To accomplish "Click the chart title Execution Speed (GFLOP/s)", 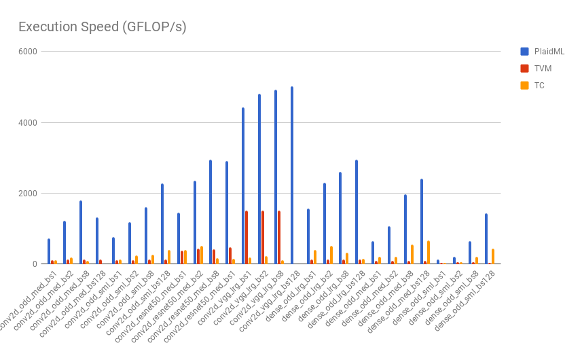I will pyautogui.click(x=102, y=27).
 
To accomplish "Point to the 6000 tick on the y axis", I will pyautogui.click(x=28, y=52).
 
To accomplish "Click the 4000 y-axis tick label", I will pyautogui.click(x=28, y=122).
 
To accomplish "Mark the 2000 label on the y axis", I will pyautogui.click(x=28, y=193).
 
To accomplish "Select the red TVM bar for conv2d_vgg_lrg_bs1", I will pyautogui.click(x=247, y=237).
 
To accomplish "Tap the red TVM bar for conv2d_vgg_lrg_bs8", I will pyautogui.click(x=279, y=237).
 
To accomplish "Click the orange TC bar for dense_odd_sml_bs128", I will pyautogui.click(x=493, y=256).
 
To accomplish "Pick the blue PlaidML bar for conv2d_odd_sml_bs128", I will pyautogui.click(x=162, y=223).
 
